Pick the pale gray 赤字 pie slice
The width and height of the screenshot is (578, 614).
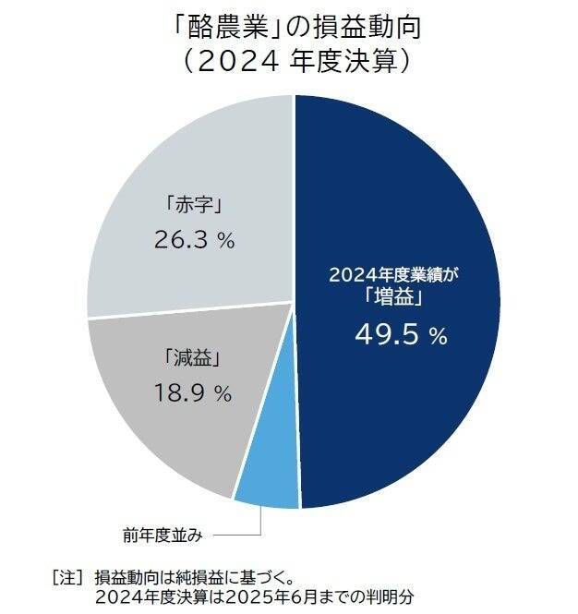pos(185,166)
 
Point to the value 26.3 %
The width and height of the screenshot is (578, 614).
pos(193,240)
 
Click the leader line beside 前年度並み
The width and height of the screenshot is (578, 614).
pos(240,533)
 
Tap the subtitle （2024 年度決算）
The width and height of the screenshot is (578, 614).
pos(289,62)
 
